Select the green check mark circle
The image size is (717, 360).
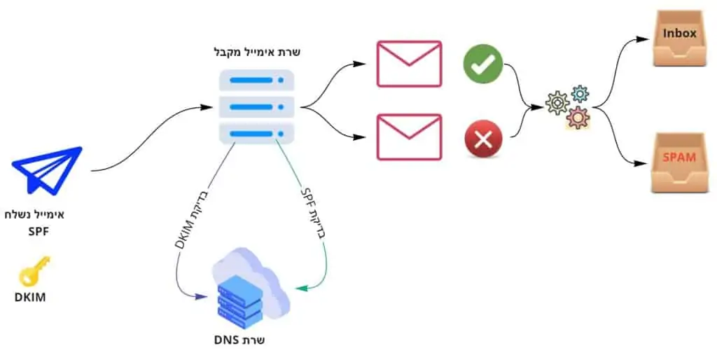pyautogui.click(x=483, y=65)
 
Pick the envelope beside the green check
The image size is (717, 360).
pyautogui.click(x=410, y=64)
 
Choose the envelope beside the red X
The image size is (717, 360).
pyautogui.click(x=410, y=137)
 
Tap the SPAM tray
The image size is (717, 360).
pyautogui.click(x=678, y=163)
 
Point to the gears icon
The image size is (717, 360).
pyautogui.click(x=569, y=106)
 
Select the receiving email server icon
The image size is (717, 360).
pyautogui.click(x=256, y=106)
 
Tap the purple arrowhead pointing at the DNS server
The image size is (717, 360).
pyautogui.click(x=203, y=297)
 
